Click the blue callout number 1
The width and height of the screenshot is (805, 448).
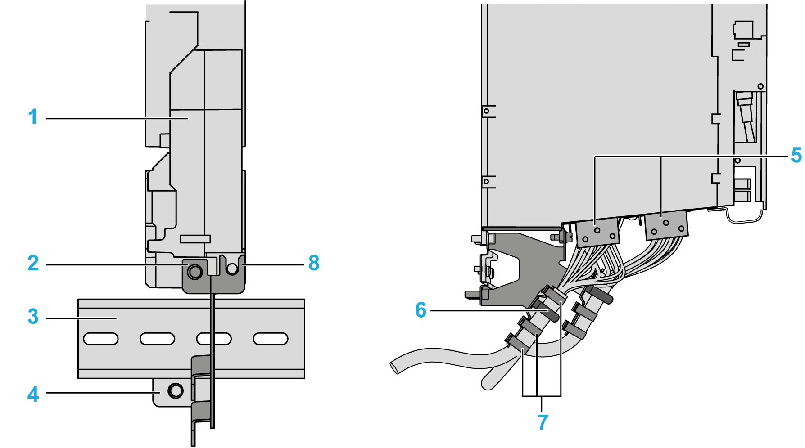(x=32, y=117)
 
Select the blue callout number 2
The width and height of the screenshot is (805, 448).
(x=33, y=264)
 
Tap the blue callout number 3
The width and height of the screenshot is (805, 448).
(x=33, y=317)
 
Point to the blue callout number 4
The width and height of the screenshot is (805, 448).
(x=33, y=394)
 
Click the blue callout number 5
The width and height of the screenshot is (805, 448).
(x=796, y=156)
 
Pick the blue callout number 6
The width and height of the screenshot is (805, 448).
(x=421, y=310)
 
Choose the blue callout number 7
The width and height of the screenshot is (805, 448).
(x=543, y=422)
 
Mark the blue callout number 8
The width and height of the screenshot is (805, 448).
(x=314, y=264)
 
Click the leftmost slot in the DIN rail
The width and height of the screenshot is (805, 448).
(x=101, y=339)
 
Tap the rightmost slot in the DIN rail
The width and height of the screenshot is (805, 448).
(x=271, y=339)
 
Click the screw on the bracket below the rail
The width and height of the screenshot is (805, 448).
(x=175, y=390)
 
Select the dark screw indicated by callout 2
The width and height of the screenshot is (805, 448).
(x=195, y=271)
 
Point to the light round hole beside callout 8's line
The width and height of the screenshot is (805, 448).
(x=232, y=269)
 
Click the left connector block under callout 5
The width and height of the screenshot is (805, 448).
(x=598, y=233)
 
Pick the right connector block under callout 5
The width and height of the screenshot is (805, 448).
(x=667, y=226)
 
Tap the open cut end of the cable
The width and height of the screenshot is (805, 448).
(x=395, y=366)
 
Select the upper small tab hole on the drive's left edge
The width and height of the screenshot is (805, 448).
(x=486, y=111)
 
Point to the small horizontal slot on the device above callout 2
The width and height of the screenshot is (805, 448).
(x=195, y=239)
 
